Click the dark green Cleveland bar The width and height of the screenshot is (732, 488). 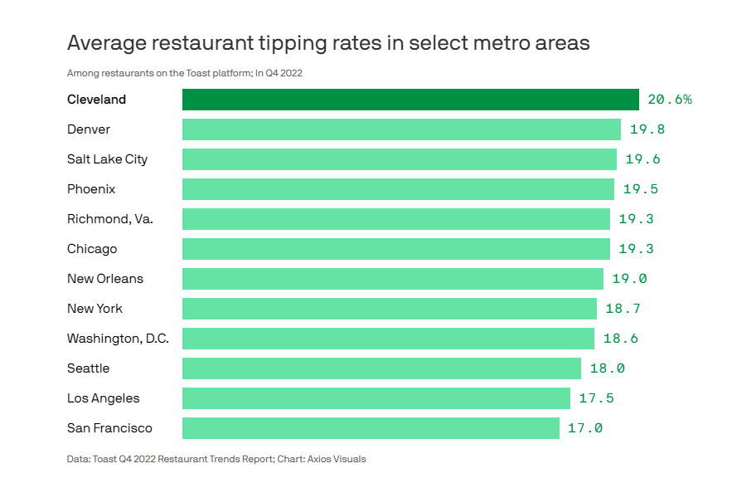point(410,100)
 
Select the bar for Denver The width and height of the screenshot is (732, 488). point(401,129)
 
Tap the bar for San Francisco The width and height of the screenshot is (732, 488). point(371,428)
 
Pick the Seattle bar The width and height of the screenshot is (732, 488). point(381,368)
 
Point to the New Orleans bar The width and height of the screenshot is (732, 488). point(393,279)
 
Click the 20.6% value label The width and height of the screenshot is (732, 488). point(670,100)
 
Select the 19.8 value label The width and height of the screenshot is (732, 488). point(647,129)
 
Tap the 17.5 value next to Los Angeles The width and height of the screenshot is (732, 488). point(596,398)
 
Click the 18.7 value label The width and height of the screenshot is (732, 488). point(623,309)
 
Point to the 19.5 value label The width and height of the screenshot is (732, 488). point(640,189)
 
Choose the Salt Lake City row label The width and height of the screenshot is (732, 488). point(107,159)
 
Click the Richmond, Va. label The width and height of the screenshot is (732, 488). point(110,219)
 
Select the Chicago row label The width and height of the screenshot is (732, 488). point(92,249)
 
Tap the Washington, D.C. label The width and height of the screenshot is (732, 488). point(118,339)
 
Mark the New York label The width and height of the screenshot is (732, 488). point(95,309)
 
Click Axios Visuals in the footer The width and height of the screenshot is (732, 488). point(336,459)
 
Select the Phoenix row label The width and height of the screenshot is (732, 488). point(91,189)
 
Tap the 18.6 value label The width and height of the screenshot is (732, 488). point(621,339)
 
